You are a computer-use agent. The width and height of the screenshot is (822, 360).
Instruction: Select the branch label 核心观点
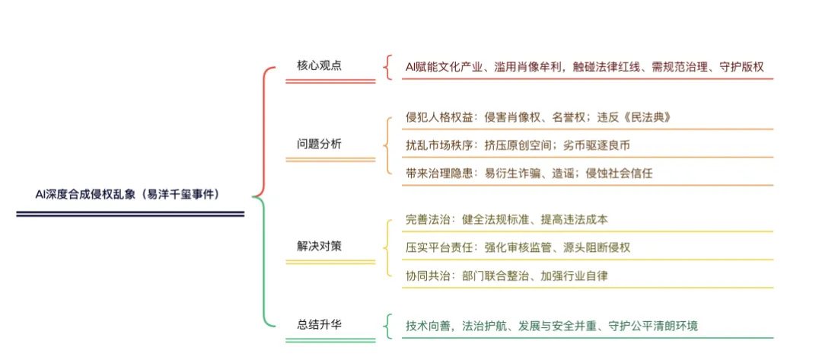(319, 65)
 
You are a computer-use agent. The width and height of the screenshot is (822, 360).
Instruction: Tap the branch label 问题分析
(319, 143)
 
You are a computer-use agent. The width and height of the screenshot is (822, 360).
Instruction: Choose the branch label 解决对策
(319, 247)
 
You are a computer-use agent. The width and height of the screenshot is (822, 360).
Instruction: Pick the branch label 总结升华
(319, 324)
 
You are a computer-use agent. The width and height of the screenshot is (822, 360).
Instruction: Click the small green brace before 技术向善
(389, 325)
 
